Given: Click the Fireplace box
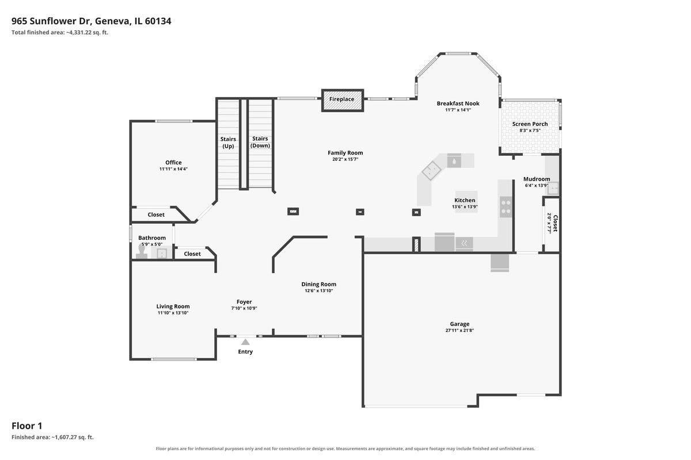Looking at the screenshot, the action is pyautogui.click(x=343, y=101).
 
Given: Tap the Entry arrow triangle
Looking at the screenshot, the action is pyautogui.click(x=245, y=342).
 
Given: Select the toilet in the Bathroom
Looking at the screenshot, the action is pyautogui.click(x=142, y=251).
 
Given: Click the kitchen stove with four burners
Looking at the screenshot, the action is pyautogui.click(x=506, y=207).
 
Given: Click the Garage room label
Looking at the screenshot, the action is pyautogui.click(x=460, y=324).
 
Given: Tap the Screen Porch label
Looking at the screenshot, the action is pyautogui.click(x=530, y=124).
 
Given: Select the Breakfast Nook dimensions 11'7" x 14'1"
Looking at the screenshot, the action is pyautogui.click(x=458, y=110).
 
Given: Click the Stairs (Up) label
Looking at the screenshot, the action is pyautogui.click(x=228, y=143).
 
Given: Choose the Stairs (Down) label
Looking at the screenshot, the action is pyautogui.click(x=260, y=142).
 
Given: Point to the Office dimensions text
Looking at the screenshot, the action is pyautogui.click(x=173, y=169).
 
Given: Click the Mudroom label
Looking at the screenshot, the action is pyautogui.click(x=537, y=179).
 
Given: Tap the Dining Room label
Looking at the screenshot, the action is pyautogui.click(x=318, y=284).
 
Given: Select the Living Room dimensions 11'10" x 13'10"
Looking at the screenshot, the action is pyautogui.click(x=173, y=313).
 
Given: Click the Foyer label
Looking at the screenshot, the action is pyautogui.click(x=244, y=302).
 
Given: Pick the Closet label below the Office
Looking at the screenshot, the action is pyautogui.click(x=156, y=214).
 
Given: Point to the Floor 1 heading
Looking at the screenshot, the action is pyautogui.click(x=27, y=426).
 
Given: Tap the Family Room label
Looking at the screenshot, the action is pyautogui.click(x=345, y=152).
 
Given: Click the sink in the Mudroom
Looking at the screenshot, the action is pyautogui.click(x=553, y=188).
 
